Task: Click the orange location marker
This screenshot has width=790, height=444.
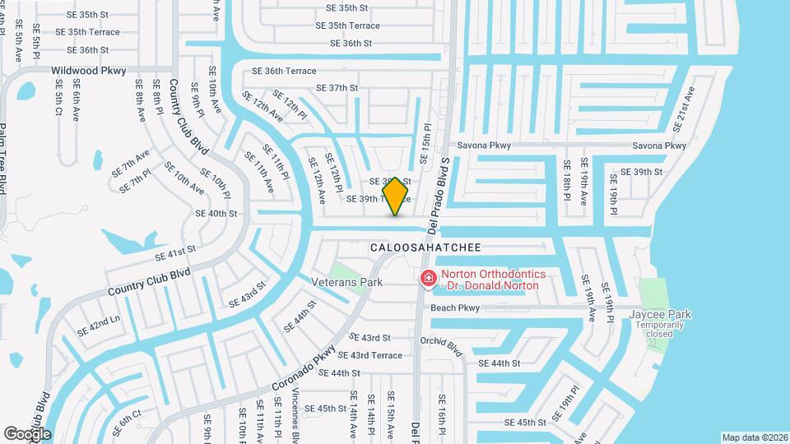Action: (396, 197)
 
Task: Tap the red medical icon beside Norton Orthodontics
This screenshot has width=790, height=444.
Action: (428, 280)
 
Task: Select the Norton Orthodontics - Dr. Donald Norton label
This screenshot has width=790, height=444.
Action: (490, 280)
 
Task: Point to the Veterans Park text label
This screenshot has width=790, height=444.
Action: (347, 282)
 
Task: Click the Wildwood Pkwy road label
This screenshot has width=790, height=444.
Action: (89, 71)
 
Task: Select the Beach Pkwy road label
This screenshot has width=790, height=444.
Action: (455, 308)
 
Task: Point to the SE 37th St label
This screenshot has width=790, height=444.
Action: (332, 88)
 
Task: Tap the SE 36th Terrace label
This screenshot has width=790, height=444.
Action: (284, 72)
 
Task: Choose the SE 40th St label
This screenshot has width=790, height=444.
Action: (216, 213)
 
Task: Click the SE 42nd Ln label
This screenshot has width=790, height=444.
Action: (98, 326)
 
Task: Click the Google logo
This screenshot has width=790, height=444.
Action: (27, 433)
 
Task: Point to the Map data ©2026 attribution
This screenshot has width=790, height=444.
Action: (754, 437)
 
